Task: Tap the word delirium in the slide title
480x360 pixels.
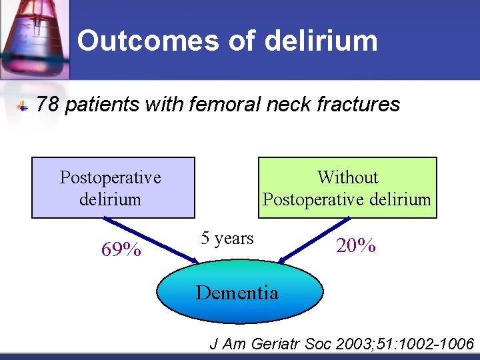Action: [x=321, y=41]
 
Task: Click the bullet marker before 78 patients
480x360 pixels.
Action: [x=22, y=106]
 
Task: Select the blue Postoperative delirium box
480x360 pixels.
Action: [x=113, y=187]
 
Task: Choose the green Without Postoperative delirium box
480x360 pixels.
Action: [x=347, y=187]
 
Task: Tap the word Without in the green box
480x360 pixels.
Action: [x=347, y=177]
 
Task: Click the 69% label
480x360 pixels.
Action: [x=121, y=250]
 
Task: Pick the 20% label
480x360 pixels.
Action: [x=356, y=245]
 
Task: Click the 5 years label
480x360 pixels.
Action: [x=227, y=238]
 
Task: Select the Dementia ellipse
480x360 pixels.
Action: [x=239, y=292]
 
